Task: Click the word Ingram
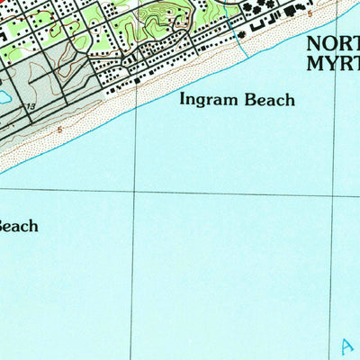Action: point(209,100)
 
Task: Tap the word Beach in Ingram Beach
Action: point(269,100)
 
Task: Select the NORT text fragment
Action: point(333,43)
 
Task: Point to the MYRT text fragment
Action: point(333,63)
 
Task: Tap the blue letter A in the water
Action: point(347,345)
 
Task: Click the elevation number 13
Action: point(31,107)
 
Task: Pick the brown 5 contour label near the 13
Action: point(59,130)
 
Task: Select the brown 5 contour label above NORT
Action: point(310,14)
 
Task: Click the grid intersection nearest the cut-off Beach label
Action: point(134,192)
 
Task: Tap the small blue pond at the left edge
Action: point(3,94)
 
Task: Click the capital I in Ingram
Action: point(184,99)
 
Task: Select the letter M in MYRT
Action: point(316,63)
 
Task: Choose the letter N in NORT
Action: point(316,43)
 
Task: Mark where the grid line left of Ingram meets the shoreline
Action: point(136,108)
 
